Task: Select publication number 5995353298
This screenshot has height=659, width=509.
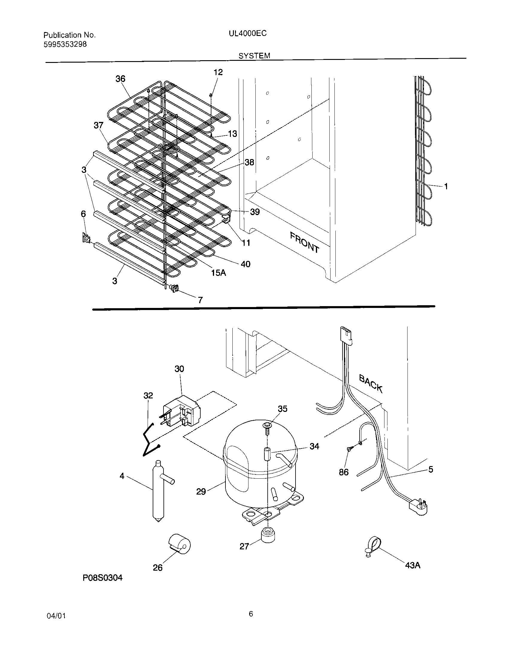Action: (x=65, y=44)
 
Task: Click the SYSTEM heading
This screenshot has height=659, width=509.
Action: (x=254, y=55)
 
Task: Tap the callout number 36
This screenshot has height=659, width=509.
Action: (x=120, y=79)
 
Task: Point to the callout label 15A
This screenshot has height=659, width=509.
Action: (x=218, y=273)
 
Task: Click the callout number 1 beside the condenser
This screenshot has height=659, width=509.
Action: (x=446, y=187)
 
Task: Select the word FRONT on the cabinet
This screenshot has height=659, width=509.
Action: (x=304, y=243)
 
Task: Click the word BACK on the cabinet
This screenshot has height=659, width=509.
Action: (x=371, y=383)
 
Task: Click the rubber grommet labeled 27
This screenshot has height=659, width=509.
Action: (x=268, y=535)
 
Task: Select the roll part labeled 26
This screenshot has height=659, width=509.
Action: (x=180, y=545)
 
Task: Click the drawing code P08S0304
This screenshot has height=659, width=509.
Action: (x=102, y=578)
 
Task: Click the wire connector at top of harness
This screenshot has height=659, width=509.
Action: (x=346, y=335)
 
